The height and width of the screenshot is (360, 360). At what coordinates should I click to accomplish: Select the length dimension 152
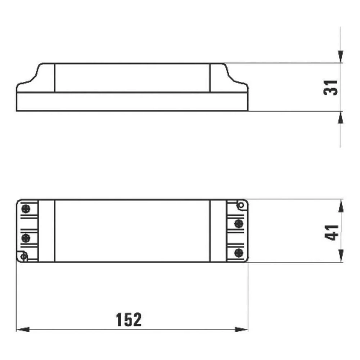click(x=129, y=319)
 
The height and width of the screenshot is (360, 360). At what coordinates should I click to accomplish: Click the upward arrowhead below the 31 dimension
click(x=341, y=117)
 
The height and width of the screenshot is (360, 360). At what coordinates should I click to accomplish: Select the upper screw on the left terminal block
click(x=26, y=209)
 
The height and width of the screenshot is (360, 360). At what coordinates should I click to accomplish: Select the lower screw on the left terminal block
click(x=26, y=238)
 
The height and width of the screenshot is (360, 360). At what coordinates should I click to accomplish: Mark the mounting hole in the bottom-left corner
click(x=24, y=256)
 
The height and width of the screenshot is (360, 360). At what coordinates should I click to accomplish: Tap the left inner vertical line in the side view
click(x=54, y=78)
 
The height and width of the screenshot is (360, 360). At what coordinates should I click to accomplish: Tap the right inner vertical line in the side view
click(x=210, y=78)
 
